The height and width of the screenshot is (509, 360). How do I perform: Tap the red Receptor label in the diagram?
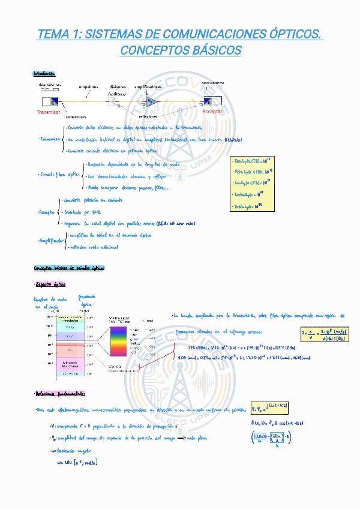point(212,112)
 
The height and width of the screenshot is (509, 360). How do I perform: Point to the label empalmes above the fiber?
point(88,87)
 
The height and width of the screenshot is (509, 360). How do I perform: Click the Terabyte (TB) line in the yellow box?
point(250,160)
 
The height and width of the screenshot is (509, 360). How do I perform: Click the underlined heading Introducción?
point(44,73)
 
